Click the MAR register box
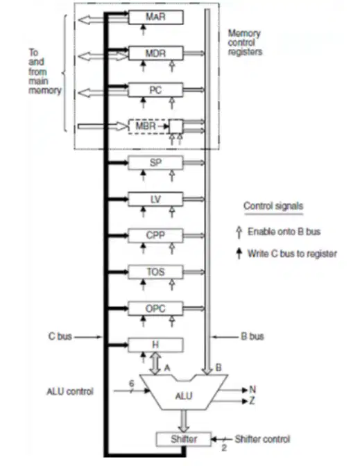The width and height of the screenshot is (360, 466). click(x=155, y=17)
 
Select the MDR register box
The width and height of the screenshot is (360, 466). click(x=155, y=53)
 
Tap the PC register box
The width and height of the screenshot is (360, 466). click(x=155, y=89)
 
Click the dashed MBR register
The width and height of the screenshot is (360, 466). click(x=148, y=126)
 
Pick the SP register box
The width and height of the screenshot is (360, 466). click(x=155, y=162)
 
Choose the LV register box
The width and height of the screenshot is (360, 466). click(x=155, y=199)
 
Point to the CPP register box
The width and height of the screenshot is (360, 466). click(x=155, y=235)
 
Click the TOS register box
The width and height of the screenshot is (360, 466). click(x=155, y=272)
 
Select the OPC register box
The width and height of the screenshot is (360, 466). click(x=155, y=309)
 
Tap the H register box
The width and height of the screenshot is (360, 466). click(x=155, y=345)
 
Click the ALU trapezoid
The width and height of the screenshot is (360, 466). click(x=184, y=392)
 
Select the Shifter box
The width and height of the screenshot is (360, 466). click(x=184, y=439)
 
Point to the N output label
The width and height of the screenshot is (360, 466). click(x=252, y=389)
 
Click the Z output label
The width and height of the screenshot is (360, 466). click(x=252, y=401)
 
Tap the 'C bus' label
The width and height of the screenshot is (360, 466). click(x=60, y=336)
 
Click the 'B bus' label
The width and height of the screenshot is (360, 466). click(x=252, y=336)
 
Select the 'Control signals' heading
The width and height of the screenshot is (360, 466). click(x=273, y=206)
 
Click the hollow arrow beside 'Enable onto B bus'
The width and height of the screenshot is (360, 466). click(x=239, y=232)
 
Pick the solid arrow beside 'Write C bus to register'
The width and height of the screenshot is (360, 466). click(x=239, y=254)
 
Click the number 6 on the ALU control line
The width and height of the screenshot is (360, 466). click(x=132, y=383)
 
